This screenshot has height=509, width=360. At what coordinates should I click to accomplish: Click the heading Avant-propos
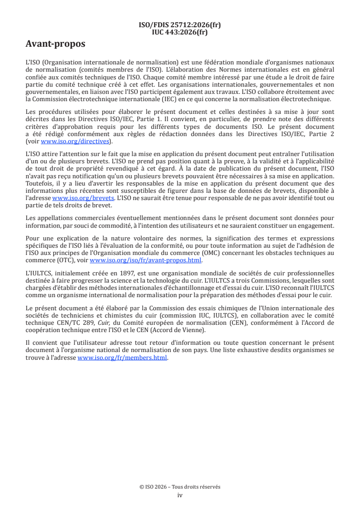click(55, 44)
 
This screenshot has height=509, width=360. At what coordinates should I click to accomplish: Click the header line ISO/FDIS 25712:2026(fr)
click(180, 25)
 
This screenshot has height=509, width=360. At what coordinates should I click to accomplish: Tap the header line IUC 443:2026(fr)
click(180, 32)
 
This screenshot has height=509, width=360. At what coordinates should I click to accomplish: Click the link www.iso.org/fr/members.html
click(123, 358)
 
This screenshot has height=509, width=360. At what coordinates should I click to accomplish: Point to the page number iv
click(180, 495)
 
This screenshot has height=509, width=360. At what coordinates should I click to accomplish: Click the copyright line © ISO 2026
click(180, 487)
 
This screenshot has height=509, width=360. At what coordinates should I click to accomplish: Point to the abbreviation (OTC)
click(64, 260)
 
